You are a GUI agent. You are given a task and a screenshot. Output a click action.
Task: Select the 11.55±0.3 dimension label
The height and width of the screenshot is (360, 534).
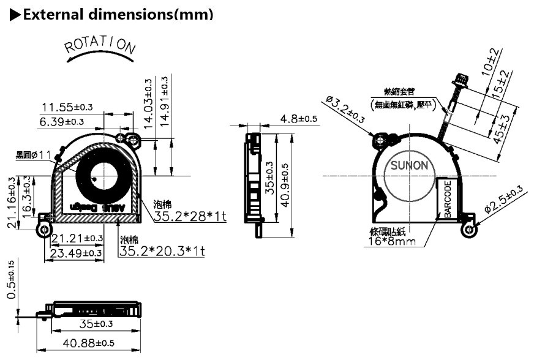[x=67, y=107]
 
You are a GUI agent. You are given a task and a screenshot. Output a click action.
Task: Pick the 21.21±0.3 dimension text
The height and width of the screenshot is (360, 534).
[x=77, y=238]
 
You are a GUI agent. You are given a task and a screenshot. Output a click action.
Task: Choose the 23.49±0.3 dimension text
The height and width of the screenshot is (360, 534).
[x=75, y=252]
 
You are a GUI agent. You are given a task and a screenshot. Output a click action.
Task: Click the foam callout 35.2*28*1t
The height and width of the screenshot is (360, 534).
[x=190, y=217]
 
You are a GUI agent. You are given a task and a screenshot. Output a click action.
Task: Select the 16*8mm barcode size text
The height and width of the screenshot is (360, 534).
[x=393, y=241]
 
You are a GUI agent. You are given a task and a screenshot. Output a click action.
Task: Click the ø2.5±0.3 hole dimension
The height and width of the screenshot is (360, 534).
[x=504, y=200]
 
